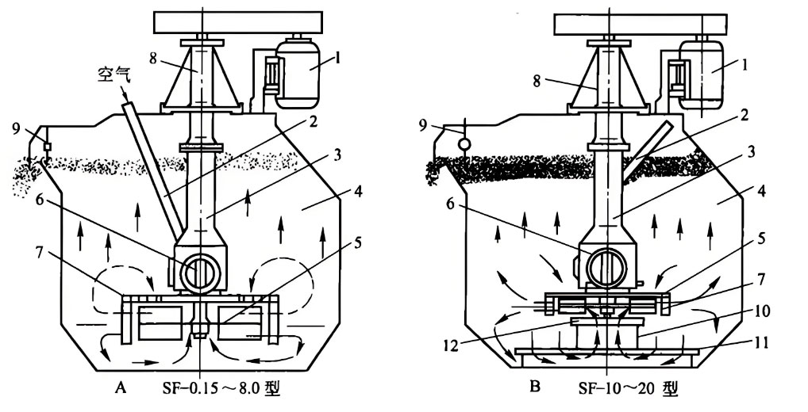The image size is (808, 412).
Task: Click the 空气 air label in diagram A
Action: pyautogui.click(x=114, y=75)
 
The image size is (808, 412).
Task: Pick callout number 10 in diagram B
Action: pyautogui.click(x=762, y=311)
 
